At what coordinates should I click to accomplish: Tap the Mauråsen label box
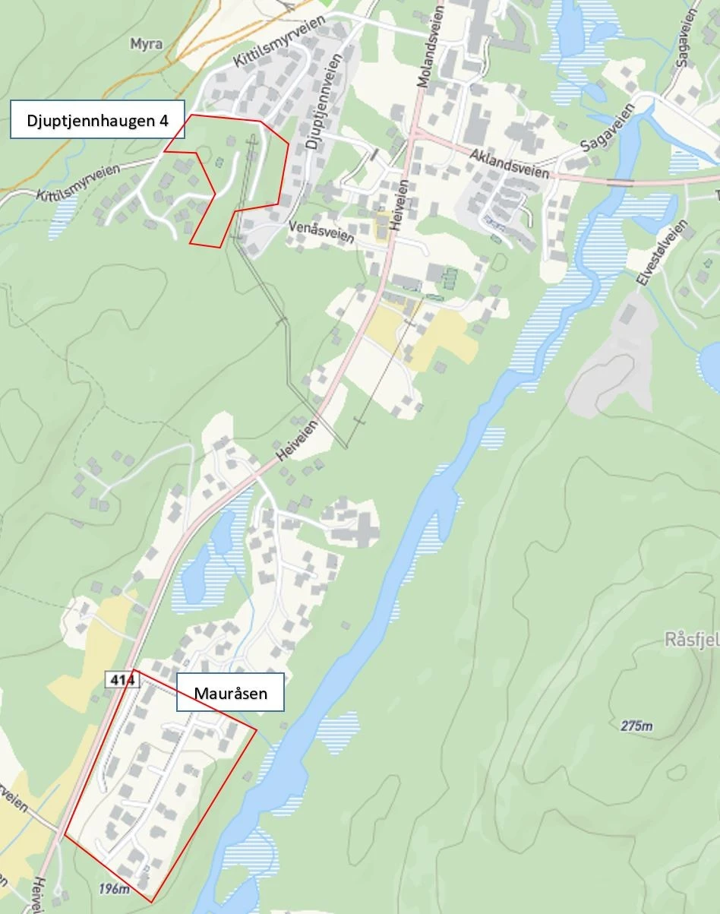230,692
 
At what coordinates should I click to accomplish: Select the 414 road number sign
122,681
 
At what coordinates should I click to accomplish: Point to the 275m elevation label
636,726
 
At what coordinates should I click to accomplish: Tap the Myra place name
146,44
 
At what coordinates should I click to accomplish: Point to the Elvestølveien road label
662,254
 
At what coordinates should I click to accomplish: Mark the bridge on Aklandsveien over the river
620,182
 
